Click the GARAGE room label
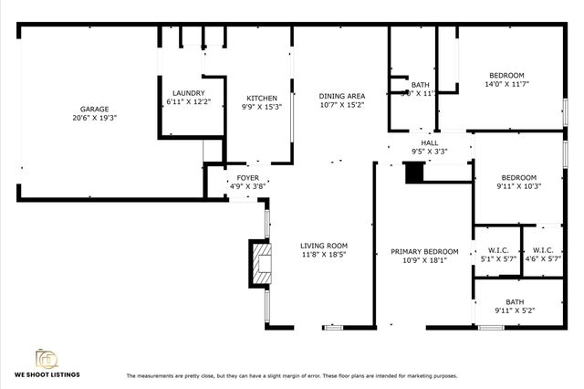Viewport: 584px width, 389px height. coord(95,109)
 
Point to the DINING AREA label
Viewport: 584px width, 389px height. coord(341,96)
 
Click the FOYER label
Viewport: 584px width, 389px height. coord(248,177)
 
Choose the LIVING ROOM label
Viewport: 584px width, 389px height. coord(324,246)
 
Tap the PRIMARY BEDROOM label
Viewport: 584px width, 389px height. coord(424,251)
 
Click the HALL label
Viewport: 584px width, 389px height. coord(430,142)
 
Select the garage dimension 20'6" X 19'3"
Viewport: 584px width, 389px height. coord(95,118)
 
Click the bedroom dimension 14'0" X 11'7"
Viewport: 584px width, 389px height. coord(506,84)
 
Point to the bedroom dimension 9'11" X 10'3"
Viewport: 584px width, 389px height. coord(518,186)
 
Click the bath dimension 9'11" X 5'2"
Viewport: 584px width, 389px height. coord(516,310)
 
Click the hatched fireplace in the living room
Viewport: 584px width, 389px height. coord(262,262)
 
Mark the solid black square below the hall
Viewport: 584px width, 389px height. coord(413,173)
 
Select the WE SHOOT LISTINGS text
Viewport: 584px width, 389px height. coord(47,375)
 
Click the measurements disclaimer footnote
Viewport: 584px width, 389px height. coord(291,376)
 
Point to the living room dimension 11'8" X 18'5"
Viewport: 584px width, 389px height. coord(324,255)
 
